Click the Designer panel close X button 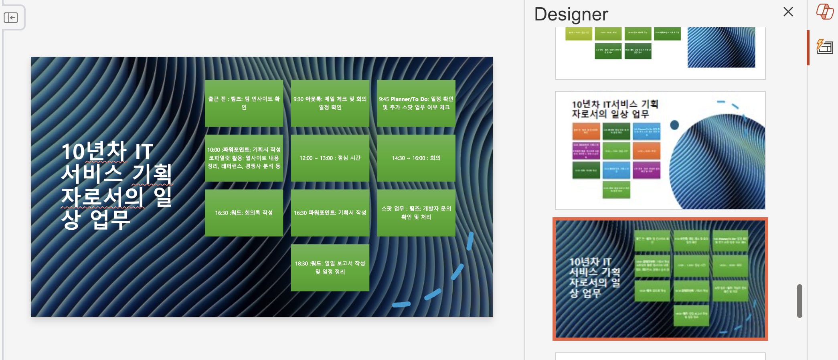pos(788,12)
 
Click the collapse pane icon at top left pos(11,18)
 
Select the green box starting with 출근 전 pos(244,103)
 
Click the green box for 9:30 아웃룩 pos(330,103)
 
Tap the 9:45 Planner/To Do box pos(416,103)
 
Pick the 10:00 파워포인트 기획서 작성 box pos(244,158)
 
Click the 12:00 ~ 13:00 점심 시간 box pos(330,158)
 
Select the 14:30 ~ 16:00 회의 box pos(416,158)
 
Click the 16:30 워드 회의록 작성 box pos(244,213)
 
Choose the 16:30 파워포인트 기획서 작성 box pos(330,213)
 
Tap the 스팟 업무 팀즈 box pos(416,213)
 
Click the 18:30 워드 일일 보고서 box pos(330,267)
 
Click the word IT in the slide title pos(144,152)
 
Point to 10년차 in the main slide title pos(94,152)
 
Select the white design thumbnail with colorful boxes pos(660,150)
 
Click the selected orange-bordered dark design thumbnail pos(660,279)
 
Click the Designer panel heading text pos(571,14)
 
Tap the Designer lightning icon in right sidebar pos(825,47)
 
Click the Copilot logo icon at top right pos(825,12)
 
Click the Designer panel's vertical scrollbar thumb pos(799,301)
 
